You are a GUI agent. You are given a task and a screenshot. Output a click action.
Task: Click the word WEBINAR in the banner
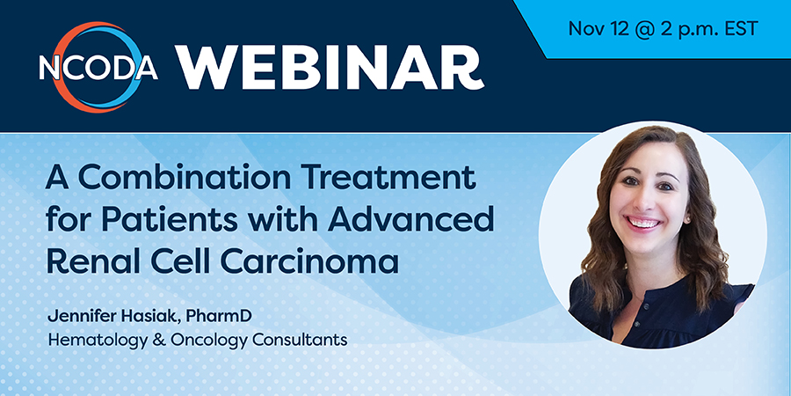pyautogui.click(x=330, y=67)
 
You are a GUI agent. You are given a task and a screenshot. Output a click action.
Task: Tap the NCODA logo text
pyautogui.click(x=98, y=68)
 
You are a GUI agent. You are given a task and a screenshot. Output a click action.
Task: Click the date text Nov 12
pyautogui.click(x=599, y=28)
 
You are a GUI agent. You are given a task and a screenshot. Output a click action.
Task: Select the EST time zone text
pyautogui.click(x=741, y=28)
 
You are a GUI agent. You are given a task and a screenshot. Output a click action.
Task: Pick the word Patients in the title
pyautogui.click(x=175, y=221)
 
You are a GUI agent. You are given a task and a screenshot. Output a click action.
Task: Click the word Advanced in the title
pyautogui.click(x=410, y=221)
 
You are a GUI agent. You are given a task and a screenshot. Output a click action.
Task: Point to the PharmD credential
pyautogui.click(x=219, y=316)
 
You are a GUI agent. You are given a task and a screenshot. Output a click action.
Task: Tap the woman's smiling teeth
pyautogui.click(x=642, y=223)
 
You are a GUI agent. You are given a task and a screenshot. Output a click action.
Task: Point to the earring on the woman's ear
pyautogui.click(x=688, y=221)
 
